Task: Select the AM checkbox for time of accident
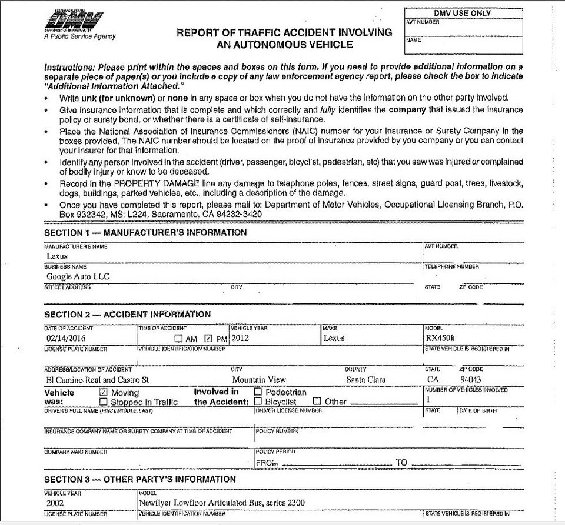click(179, 339)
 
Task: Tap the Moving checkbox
click(104, 392)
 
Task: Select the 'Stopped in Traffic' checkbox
click(104, 402)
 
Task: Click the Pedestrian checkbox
click(258, 392)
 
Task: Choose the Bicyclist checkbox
click(258, 402)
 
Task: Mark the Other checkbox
click(317, 402)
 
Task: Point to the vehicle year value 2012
click(241, 338)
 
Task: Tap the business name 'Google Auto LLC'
click(78, 276)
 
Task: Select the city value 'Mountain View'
click(259, 380)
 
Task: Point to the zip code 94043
click(471, 380)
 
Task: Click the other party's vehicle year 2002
click(55, 503)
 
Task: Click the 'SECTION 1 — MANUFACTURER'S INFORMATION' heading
click(145, 233)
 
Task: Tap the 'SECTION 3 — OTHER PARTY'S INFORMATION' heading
click(140, 479)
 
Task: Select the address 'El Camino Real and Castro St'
click(97, 380)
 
